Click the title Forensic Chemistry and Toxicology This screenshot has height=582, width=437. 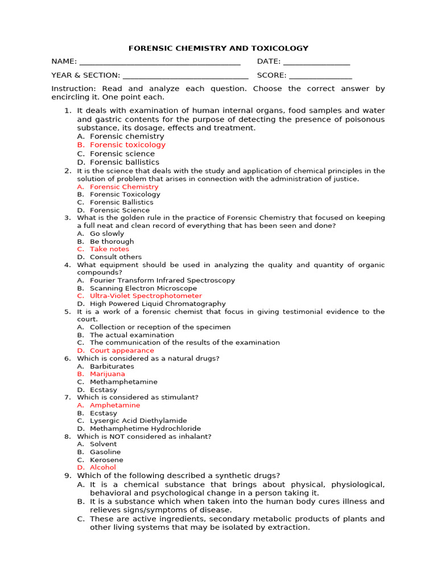(x=218, y=48)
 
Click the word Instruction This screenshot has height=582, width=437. (x=73, y=89)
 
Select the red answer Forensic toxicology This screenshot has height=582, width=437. (x=127, y=145)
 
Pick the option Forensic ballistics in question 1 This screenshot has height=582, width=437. (x=125, y=163)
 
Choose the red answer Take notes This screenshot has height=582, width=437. (x=109, y=249)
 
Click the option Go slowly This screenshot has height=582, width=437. (x=107, y=234)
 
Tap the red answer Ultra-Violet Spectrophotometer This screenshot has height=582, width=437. (x=146, y=296)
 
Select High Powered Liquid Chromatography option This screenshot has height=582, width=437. (x=158, y=304)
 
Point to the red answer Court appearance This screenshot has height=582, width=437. (x=122, y=351)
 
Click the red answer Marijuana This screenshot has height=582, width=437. (x=108, y=374)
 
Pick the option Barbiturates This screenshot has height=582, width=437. (x=112, y=367)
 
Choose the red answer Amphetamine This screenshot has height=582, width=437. (x=115, y=405)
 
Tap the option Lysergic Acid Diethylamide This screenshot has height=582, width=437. (x=138, y=421)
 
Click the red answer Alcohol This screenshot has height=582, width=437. (x=103, y=468)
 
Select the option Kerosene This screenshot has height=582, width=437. (x=106, y=460)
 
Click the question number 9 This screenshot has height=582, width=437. (x=67, y=476)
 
